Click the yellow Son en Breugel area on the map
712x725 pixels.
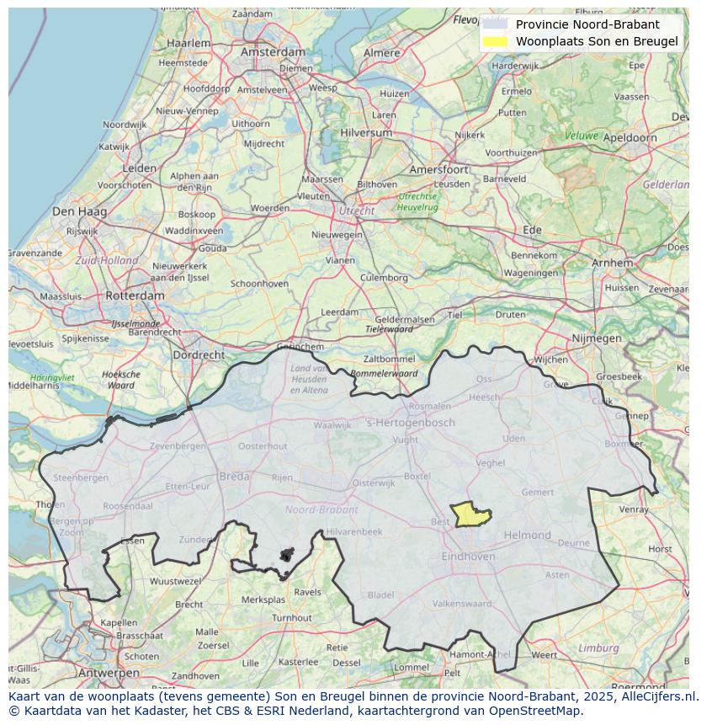(470, 514)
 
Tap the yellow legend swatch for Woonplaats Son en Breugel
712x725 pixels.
(496, 41)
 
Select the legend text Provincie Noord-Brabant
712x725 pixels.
(587, 24)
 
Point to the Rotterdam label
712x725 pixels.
(135, 296)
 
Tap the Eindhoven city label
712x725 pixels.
(468, 557)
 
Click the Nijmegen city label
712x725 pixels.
(596, 339)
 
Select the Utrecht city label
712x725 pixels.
(356, 211)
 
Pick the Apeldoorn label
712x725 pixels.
(630, 137)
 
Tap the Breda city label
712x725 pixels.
(234, 477)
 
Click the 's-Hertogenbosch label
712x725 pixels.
(411, 423)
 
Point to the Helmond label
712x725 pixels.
(527, 535)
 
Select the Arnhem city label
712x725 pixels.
(612, 263)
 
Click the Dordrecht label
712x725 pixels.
(199, 355)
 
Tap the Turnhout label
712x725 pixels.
(291, 617)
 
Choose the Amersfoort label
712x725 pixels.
(438, 169)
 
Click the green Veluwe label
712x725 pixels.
(582, 136)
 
